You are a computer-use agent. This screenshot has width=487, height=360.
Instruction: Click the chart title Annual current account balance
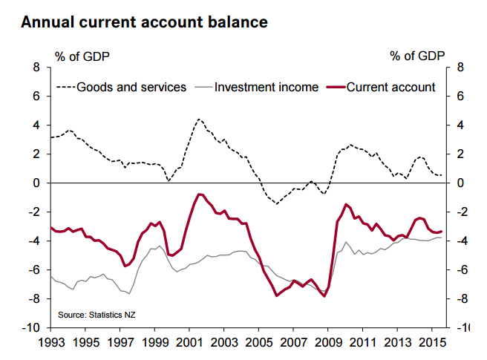pyautogui.click(x=144, y=22)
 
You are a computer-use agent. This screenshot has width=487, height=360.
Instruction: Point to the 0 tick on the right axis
pyautogui.click(x=462, y=183)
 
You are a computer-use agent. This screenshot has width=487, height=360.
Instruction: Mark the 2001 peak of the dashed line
pyautogui.click(x=199, y=118)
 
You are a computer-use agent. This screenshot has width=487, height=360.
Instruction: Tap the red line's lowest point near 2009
pyautogui.click(x=324, y=297)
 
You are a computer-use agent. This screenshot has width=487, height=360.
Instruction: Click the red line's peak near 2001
pyautogui.click(x=199, y=194)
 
